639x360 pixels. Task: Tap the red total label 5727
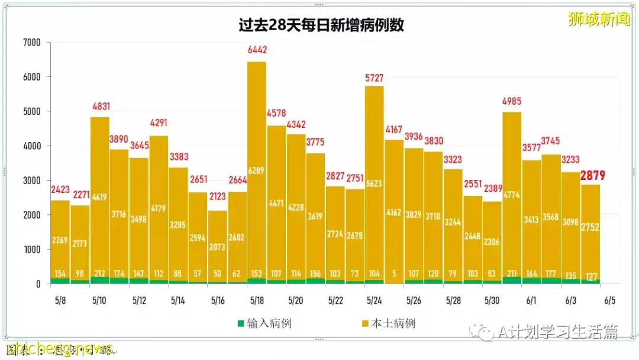[375, 78]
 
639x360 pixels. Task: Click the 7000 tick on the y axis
[31, 43]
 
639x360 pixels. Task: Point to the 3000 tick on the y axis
[31, 181]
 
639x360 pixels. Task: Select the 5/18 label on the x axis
[256, 301]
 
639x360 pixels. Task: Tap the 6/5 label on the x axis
[610, 301]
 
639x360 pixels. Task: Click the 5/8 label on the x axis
[60, 301]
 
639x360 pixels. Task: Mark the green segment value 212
[99, 274]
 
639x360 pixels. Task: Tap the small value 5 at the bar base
[394, 274]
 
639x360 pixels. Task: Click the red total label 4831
[99, 107]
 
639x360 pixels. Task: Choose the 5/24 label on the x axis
[375, 301]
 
